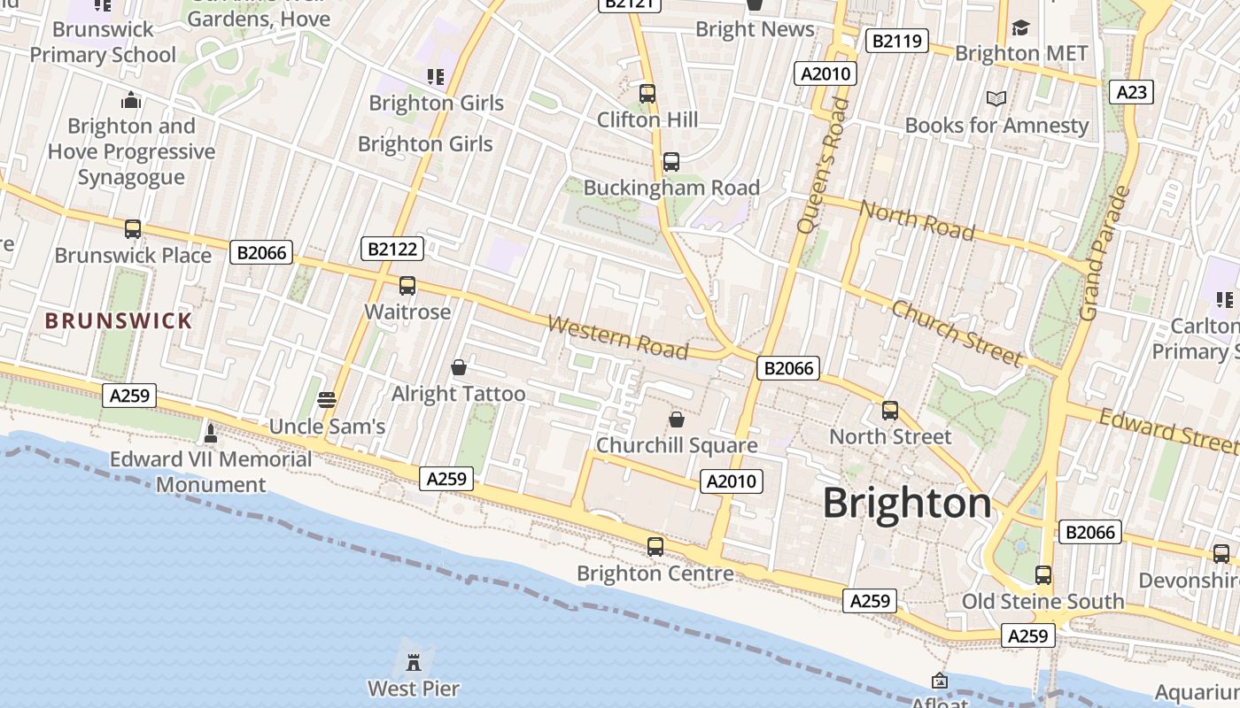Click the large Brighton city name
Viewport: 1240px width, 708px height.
pyautogui.click(x=907, y=504)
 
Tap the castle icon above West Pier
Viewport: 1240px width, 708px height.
pyautogui.click(x=413, y=661)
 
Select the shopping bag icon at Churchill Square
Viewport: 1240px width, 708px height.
pyautogui.click(x=677, y=419)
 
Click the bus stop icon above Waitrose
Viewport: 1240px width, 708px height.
pyautogui.click(x=407, y=286)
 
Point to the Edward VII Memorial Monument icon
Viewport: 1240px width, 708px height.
pyautogui.click(x=211, y=433)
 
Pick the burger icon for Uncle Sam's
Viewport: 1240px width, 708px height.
pyautogui.click(x=327, y=400)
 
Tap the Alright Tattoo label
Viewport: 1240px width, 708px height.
pyautogui.click(x=458, y=394)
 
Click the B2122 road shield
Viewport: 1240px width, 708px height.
pyautogui.click(x=392, y=249)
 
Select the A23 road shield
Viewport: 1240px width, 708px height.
pyautogui.click(x=1131, y=92)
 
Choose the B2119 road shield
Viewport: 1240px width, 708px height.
pyautogui.click(x=896, y=41)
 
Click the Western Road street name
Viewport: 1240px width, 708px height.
pyautogui.click(x=617, y=336)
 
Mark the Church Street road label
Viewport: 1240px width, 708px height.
pyautogui.click(x=957, y=333)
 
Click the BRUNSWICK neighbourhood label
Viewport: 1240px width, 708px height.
pyautogui.click(x=119, y=320)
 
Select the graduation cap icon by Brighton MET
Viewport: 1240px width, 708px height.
pyautogui.click(x=1021, y=28)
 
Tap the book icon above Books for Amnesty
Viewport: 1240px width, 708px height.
pyautogui.click(x=996, y=99)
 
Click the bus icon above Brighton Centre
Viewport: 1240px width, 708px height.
pyautogui.click(x=655, y=547)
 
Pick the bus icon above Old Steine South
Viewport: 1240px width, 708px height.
pyautogui.click(x=1043, y=575)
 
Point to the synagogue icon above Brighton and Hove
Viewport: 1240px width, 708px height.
pyautogui.click(x=131, y=100)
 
